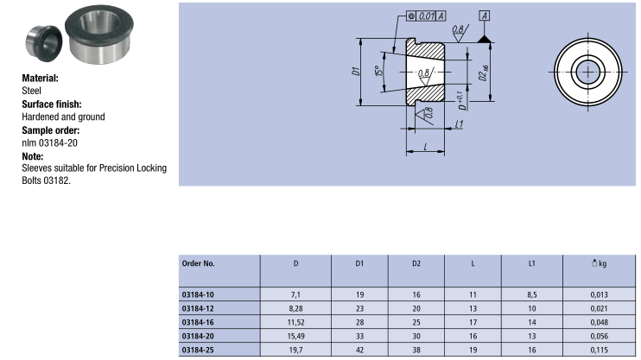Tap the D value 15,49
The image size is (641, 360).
point(295,335)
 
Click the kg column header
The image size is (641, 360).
point(596,262)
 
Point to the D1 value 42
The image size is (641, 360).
point(360,349)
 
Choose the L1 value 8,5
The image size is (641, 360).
point(532,294)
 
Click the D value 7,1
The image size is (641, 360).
point(295,294)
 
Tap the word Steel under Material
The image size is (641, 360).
point(32,90)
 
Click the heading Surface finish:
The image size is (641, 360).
point(54,104)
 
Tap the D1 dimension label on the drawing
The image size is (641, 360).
point(356,73)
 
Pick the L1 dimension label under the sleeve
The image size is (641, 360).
point(460,124)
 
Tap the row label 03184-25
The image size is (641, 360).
point(199,349)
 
